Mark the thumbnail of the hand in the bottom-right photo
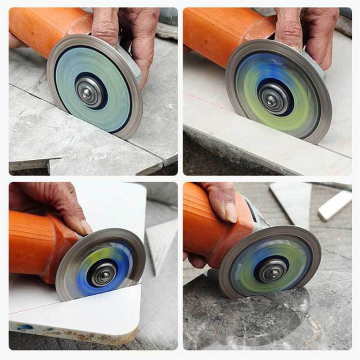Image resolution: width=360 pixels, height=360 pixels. (231, 212)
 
